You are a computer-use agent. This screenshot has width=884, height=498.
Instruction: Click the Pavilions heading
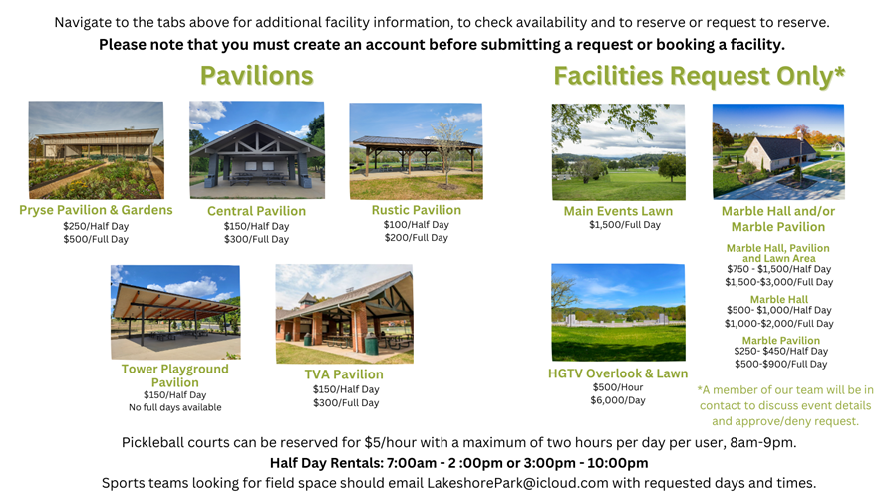[256, 76]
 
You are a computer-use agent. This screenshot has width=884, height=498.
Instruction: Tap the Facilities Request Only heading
[699, 76]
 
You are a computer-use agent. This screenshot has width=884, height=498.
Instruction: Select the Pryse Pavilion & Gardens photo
[97, 149]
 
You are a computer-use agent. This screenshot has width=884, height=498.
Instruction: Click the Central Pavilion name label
[256, 211]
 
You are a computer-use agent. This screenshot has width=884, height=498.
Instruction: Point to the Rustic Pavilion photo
[416, 151]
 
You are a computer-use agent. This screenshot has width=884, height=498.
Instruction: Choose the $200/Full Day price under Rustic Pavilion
[416, 238]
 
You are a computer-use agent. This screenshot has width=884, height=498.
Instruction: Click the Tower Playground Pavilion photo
[175, 312]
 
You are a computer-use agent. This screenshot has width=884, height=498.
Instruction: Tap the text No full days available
[175, 407]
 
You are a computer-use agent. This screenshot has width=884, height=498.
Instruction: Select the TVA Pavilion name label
[344, 374]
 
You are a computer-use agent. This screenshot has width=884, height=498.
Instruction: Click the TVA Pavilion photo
[345, 314]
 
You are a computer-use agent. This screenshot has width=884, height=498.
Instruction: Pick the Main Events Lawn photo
[619, 152]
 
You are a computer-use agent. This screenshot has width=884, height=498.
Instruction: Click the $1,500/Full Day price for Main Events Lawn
[625, 225]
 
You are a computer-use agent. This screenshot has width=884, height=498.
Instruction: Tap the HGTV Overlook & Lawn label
[618, 373]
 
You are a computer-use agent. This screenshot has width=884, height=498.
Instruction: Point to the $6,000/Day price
[618, 400]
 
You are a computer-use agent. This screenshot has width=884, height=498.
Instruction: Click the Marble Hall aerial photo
[778, 151]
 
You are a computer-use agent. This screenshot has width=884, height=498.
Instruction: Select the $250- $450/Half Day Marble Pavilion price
[780, 351]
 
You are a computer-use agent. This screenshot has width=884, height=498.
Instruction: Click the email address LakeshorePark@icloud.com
[517, 483]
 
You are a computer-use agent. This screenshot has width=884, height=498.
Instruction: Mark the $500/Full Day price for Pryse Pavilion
[96, 239]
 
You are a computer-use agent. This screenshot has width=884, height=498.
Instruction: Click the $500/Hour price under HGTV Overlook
[618, 387]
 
